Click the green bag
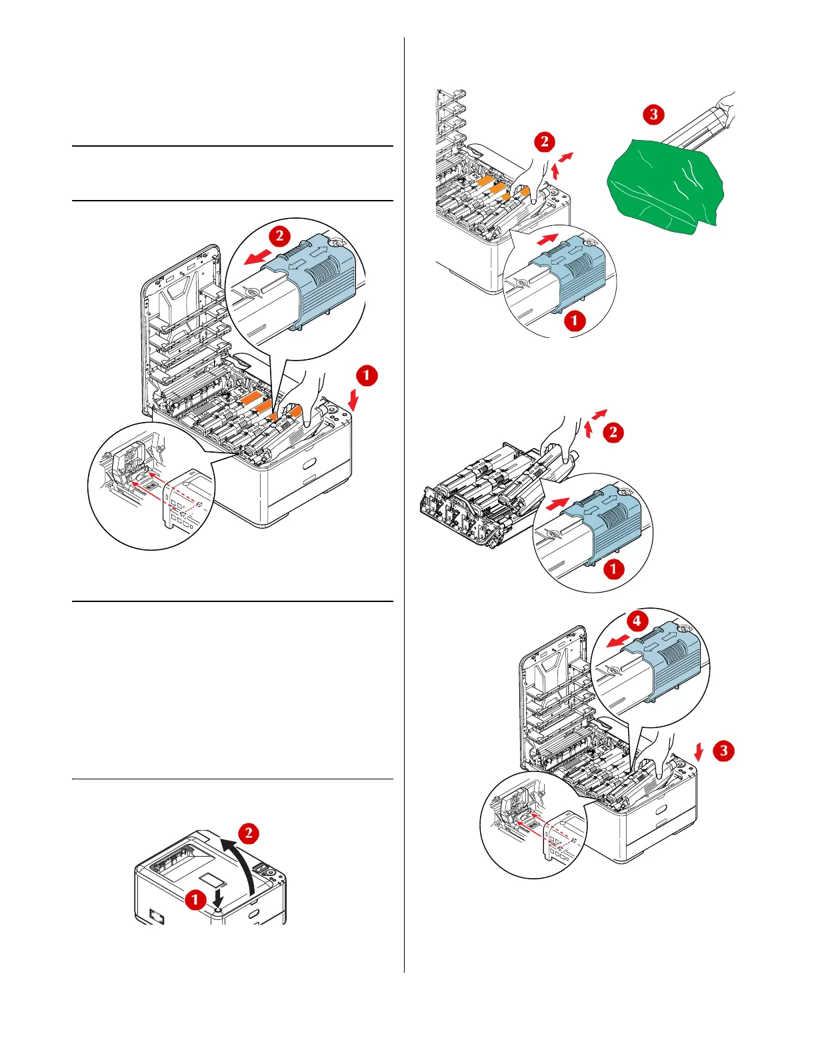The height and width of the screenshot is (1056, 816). coord(660,183)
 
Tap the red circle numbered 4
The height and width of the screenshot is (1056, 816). coord(637,621)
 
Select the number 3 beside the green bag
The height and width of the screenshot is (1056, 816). coord(653,114)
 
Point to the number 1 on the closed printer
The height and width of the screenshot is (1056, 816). coord(195,899)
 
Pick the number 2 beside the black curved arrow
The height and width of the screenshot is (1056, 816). coord(249,833)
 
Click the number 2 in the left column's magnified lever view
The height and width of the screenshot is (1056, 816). coord(279,235)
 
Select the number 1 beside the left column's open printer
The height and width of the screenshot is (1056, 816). coord(367,375)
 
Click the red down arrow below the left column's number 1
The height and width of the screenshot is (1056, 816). coord(353,402)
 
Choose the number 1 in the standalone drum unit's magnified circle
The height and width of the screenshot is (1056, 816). coord(613,569)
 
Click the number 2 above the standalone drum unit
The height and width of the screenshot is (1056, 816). coord(613,432)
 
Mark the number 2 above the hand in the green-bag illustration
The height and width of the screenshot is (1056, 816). coord(545,141)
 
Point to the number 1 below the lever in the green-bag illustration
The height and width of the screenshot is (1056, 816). coord(575,321)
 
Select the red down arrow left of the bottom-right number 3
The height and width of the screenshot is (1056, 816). coord(698,753)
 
